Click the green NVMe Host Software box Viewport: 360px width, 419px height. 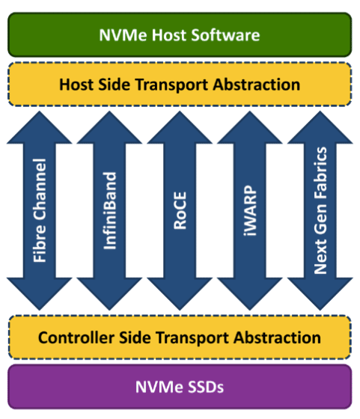click(x=180, y=34)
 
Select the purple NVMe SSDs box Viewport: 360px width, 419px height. click(x=180, y=387)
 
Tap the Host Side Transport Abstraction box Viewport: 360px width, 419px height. click(x=180, y=84)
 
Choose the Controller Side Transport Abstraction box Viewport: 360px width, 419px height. click(x=180, y=337)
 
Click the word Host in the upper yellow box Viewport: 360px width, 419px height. click(x=76, y=84)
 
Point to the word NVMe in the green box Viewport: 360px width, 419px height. click(x=120, y=34)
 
